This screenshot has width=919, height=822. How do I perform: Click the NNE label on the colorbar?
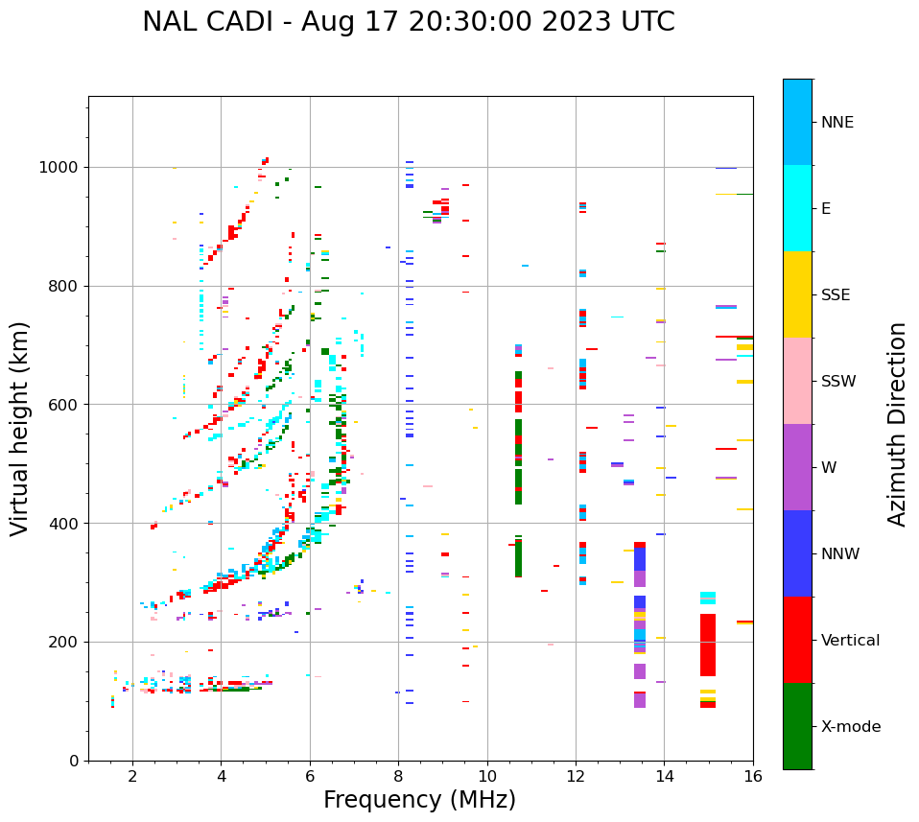click(x=837, y=123)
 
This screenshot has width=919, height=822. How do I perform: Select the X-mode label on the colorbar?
click(x=850, y=727)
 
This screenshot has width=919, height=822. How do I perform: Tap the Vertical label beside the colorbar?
click(x=850, y=641)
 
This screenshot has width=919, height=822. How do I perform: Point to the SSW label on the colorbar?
click(x=838, y=382)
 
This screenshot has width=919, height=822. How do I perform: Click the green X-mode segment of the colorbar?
click(x=797, y=726)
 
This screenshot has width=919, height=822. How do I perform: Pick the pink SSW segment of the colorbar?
click(x=797, y=381)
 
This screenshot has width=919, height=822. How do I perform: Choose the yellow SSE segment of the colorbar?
click(x=797, y=294)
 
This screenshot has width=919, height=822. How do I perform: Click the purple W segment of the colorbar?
click(x=797, y=467)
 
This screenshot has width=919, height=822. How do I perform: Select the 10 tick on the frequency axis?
click(x=487, y=775)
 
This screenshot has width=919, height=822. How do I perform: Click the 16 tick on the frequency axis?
click(x=753, y=775)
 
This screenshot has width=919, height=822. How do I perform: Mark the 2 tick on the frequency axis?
click(x=132, y=775)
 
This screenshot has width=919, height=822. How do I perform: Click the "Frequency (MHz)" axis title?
click(x=419, y=800)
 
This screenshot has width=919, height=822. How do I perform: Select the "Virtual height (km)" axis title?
click(x=21, y=428)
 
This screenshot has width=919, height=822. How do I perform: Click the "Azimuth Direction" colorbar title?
click(x=897, y=424)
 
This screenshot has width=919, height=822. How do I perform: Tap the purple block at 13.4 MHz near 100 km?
click(x=640, y=700)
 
